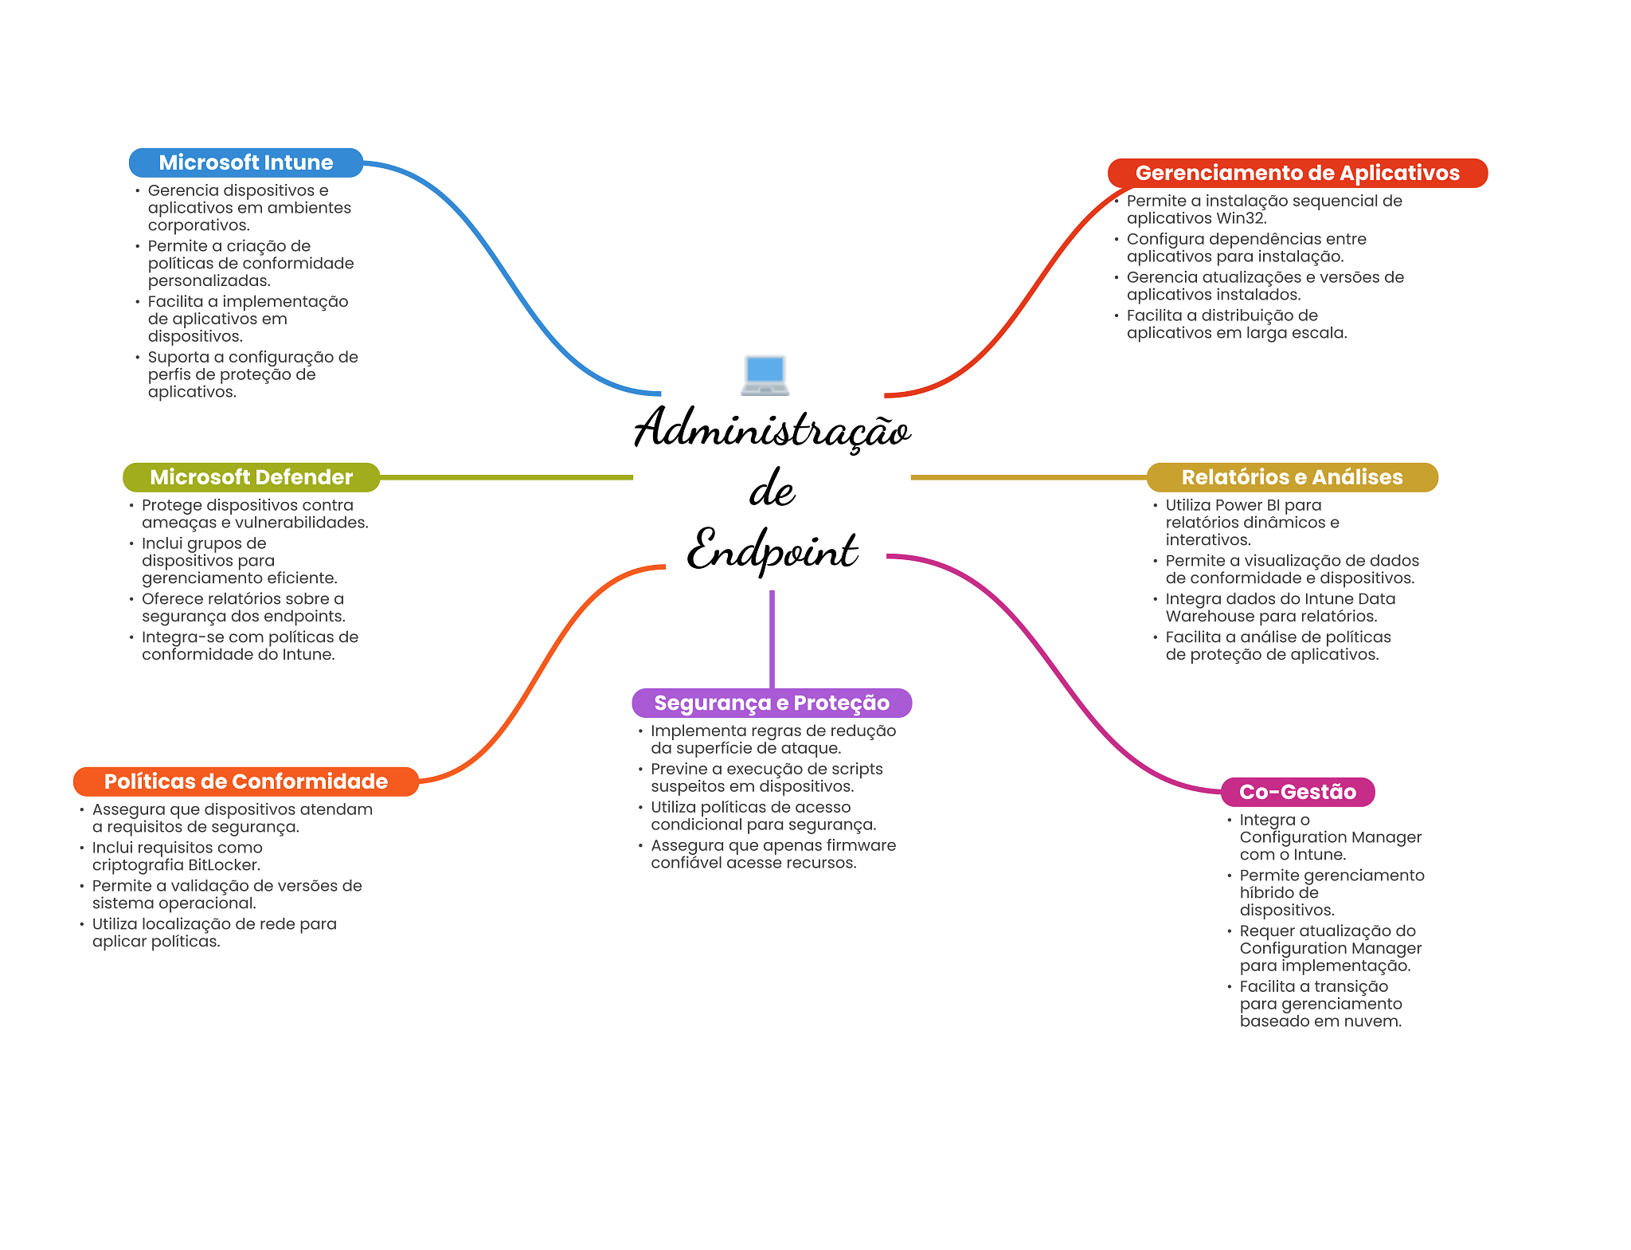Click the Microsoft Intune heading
(245, 163)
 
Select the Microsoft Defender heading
(251, 477)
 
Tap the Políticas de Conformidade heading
(245, 782)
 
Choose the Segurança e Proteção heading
(771, 703)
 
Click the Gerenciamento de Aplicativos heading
(1297, 173)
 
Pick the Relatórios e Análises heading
(1291, 477)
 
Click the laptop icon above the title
(765, 375)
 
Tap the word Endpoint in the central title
(772, 551)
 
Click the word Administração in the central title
(772, 429)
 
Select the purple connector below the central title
(772, 637)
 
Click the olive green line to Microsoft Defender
(506, 477)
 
